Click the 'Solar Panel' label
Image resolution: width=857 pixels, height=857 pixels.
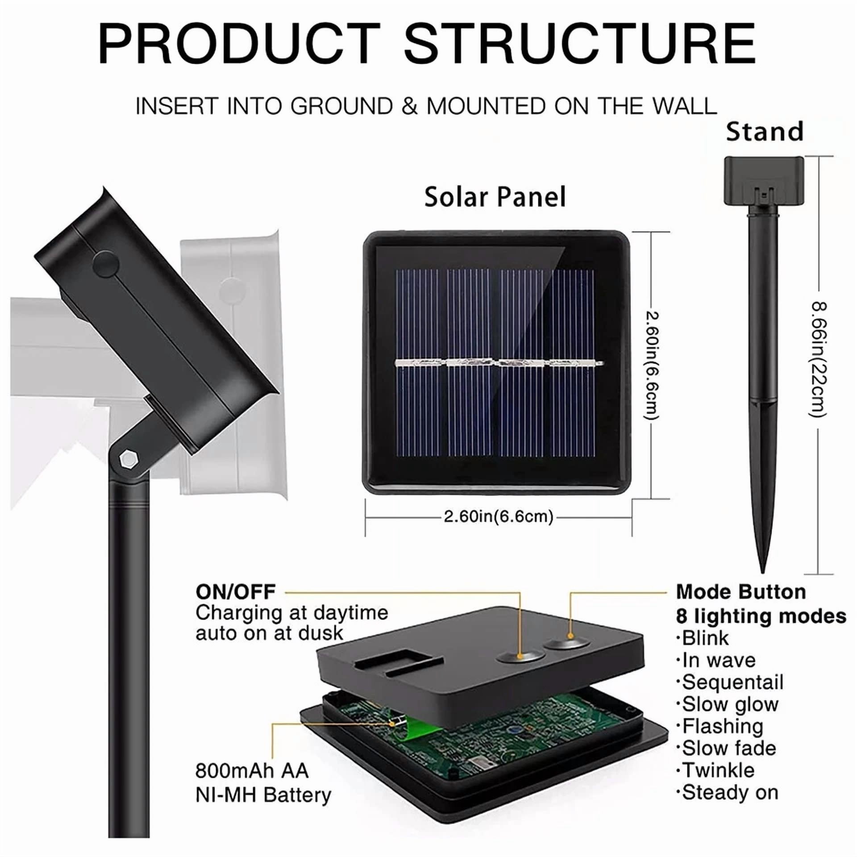coord(495,197)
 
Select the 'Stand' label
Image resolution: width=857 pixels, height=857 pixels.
coord(765,132)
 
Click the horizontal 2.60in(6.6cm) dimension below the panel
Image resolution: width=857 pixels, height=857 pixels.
coord(499,516)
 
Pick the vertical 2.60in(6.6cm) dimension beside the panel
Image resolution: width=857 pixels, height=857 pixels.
coord(651,365)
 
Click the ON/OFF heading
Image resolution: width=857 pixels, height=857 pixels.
coord(236,592)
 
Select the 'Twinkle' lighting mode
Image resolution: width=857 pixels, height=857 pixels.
coord(718,770)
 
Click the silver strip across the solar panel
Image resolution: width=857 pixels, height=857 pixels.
coord(499,363)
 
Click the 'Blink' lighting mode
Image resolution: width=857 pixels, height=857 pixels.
coord(706,638)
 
